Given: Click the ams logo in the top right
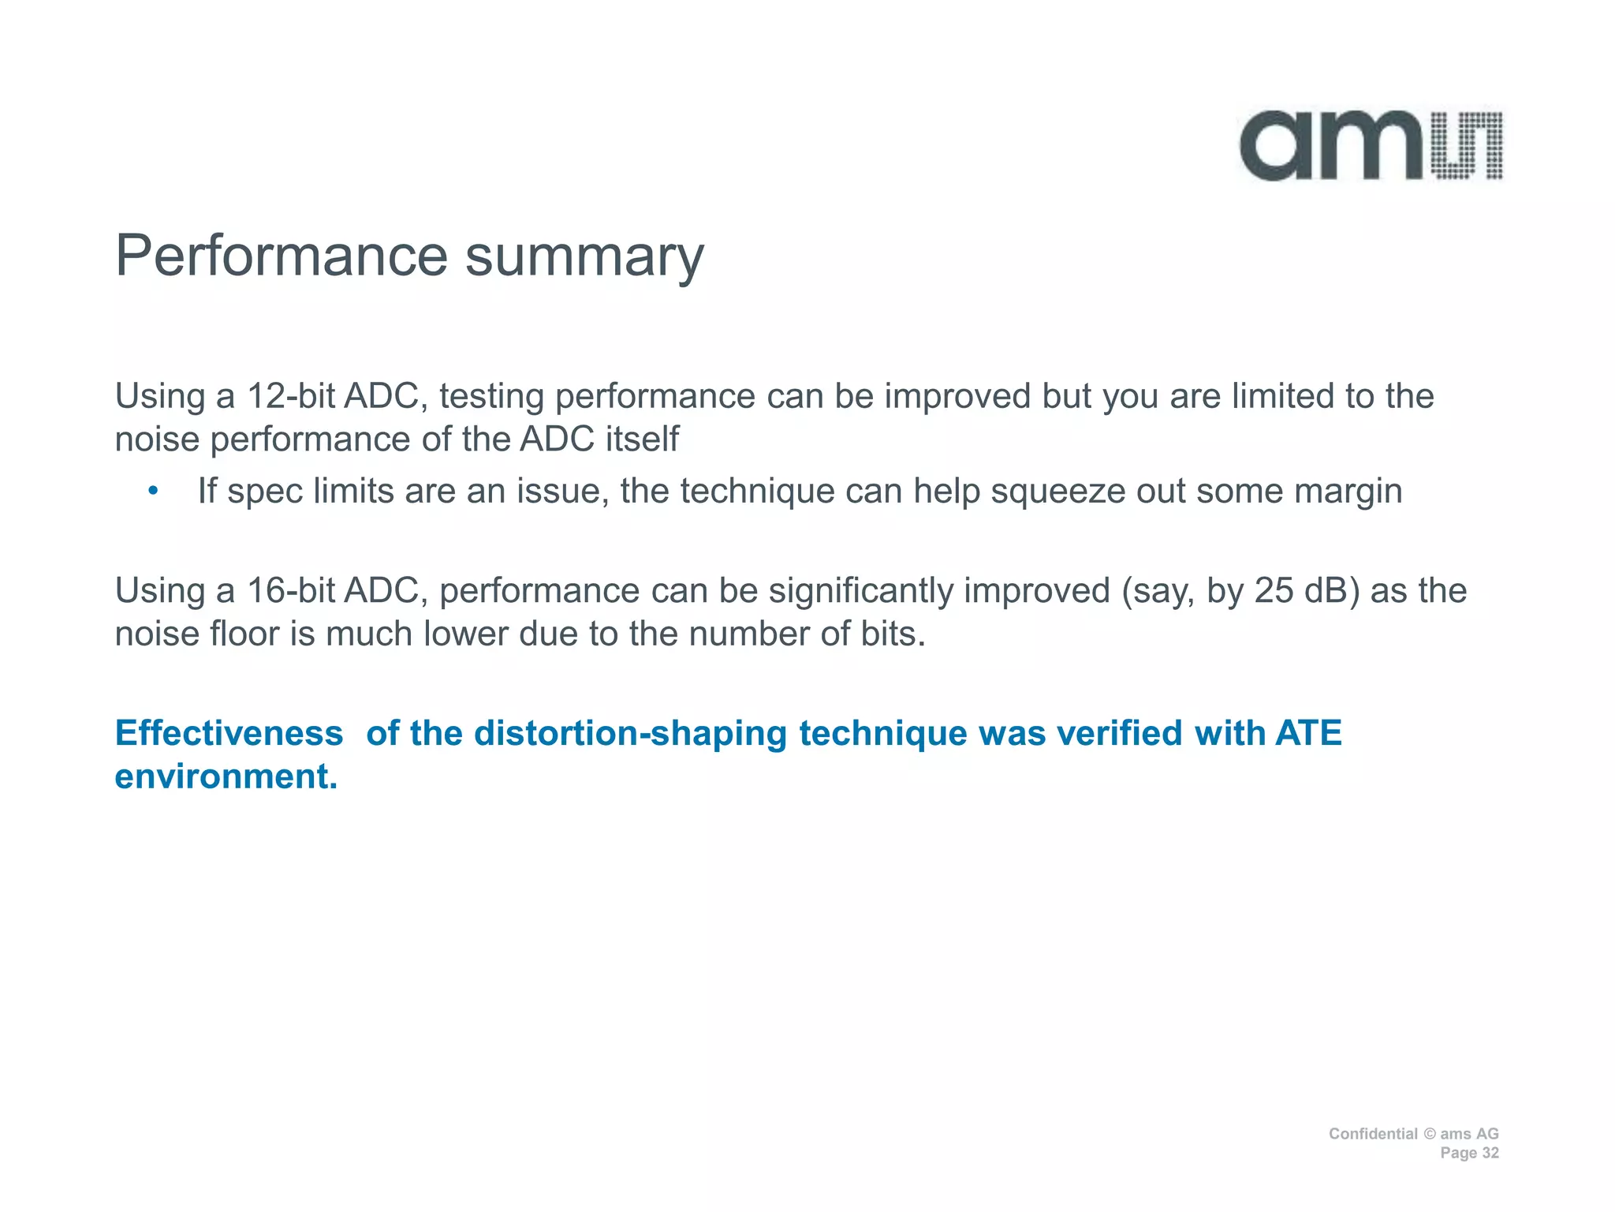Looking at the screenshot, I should click(1371, 146).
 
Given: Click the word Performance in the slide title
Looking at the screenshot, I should click(282, 256).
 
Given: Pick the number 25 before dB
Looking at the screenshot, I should click(1274, 591).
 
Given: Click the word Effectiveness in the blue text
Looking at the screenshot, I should click(229, 733).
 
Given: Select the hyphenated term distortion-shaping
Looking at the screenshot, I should click(630, 733).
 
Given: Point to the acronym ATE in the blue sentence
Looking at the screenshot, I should click(1308, 733).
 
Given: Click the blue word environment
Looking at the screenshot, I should click(226, 776).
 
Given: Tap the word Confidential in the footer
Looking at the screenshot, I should click(1373, 1134).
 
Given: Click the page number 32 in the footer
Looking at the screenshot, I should click(1490, 1153).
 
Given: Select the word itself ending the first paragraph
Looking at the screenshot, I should click(642, 440).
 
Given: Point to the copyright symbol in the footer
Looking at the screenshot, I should click(1430, 1134).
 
